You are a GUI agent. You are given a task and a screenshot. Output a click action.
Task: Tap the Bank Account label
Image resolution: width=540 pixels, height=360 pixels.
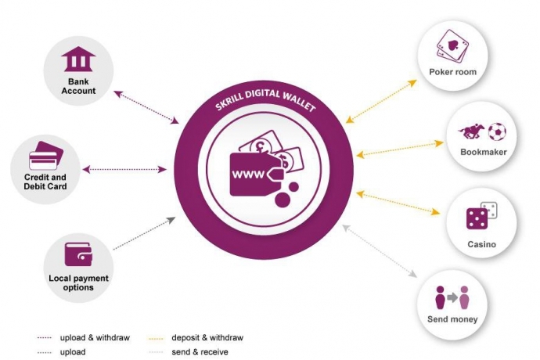(x=81, y=85)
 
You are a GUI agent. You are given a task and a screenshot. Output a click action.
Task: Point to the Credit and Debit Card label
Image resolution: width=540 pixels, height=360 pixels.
(x=46, y=182)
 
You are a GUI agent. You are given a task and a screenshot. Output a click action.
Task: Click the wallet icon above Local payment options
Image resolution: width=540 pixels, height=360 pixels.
(x=78, y=253)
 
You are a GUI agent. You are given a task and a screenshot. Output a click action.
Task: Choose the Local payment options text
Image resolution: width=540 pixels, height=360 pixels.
(x=78, y=283)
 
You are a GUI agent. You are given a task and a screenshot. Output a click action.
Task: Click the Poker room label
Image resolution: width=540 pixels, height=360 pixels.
(x=452, y=72)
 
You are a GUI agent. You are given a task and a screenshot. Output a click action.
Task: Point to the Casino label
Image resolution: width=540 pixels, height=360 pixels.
(x=481, y=244)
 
